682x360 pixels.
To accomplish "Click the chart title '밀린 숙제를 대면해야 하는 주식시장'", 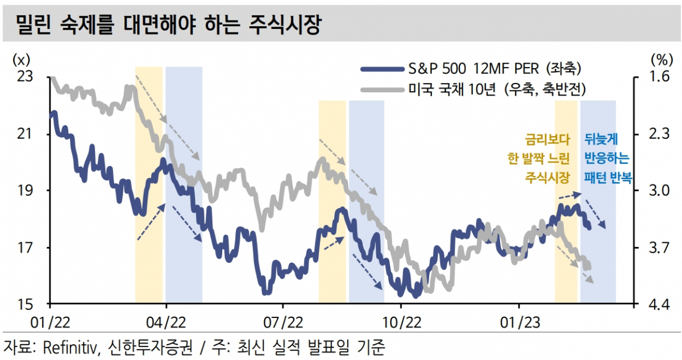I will pos(168,23).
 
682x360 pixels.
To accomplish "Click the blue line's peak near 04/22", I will pos(164,161).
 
